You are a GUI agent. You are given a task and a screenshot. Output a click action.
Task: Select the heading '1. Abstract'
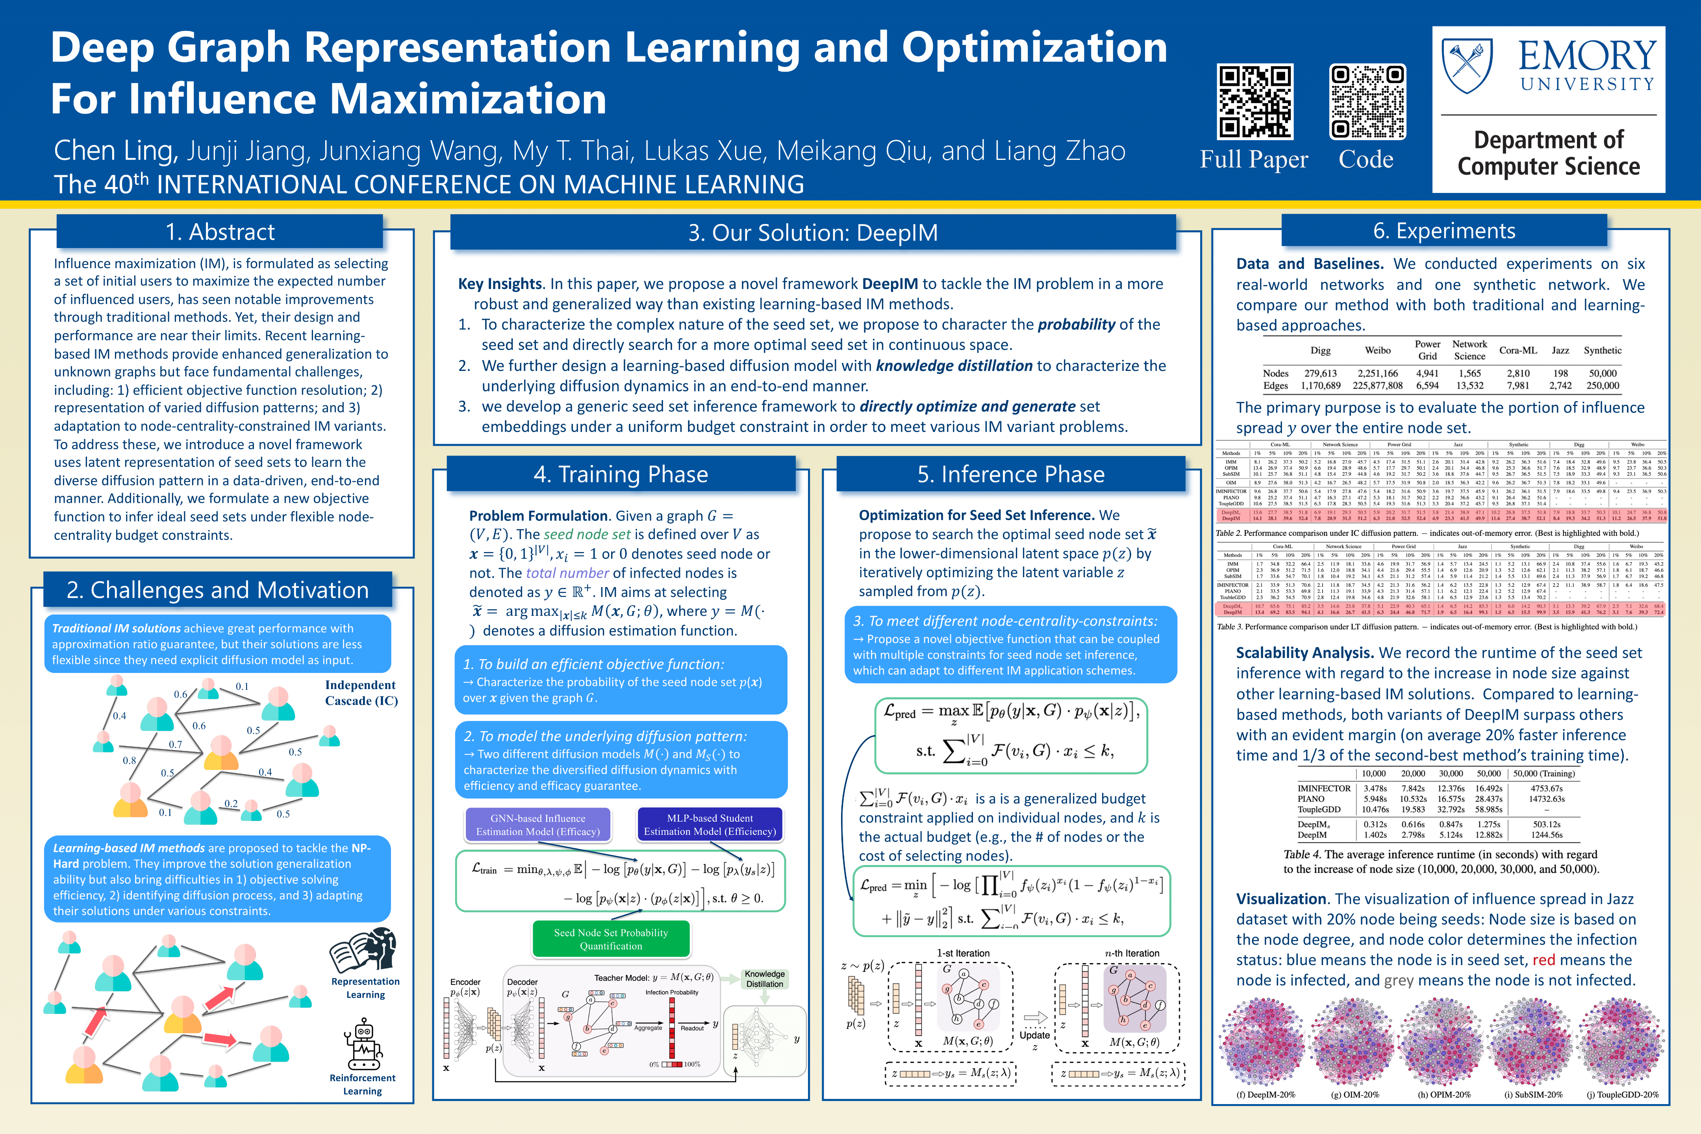click(x=220, y=232)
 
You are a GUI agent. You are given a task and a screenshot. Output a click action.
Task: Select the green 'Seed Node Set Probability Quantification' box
click(x=611, y=939)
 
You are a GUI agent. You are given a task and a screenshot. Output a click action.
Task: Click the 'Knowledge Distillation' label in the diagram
click(x=764, y=978)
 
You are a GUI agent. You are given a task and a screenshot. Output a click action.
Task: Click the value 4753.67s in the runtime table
click(x=1546, y=788)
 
